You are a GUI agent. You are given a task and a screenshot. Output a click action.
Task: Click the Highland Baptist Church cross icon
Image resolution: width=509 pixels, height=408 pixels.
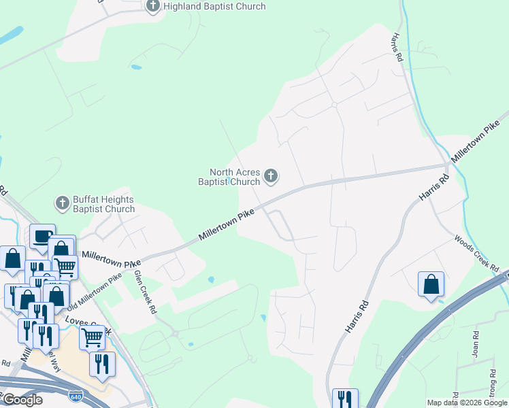[153, 7]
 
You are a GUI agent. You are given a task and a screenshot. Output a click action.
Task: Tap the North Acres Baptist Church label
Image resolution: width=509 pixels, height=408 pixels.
[235, 177]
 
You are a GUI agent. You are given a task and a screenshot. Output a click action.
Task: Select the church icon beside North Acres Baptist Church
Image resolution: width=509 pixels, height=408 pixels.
[271, 177]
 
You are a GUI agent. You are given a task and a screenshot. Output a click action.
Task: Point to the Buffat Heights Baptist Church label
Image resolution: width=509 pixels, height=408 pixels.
[103, 204]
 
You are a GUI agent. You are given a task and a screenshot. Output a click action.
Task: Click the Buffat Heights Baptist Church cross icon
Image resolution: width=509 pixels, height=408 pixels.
[62, 203]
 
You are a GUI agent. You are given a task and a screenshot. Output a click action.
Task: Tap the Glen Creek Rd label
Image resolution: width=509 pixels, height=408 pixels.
[144, 290]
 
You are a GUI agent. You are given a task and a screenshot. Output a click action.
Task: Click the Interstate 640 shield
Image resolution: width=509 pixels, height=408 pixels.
[75, 394]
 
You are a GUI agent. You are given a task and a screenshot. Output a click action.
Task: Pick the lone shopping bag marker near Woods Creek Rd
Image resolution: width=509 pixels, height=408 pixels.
[431, 284]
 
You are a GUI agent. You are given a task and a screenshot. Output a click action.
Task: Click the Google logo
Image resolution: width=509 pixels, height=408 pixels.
[22, 400]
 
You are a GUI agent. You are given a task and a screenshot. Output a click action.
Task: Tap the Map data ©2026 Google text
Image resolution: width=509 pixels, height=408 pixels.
[467, 403]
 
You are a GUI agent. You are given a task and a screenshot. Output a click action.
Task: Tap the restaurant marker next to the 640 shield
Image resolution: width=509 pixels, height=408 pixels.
[102, 364]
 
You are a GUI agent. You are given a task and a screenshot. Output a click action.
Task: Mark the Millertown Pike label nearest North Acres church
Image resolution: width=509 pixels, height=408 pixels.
[227, 224]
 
